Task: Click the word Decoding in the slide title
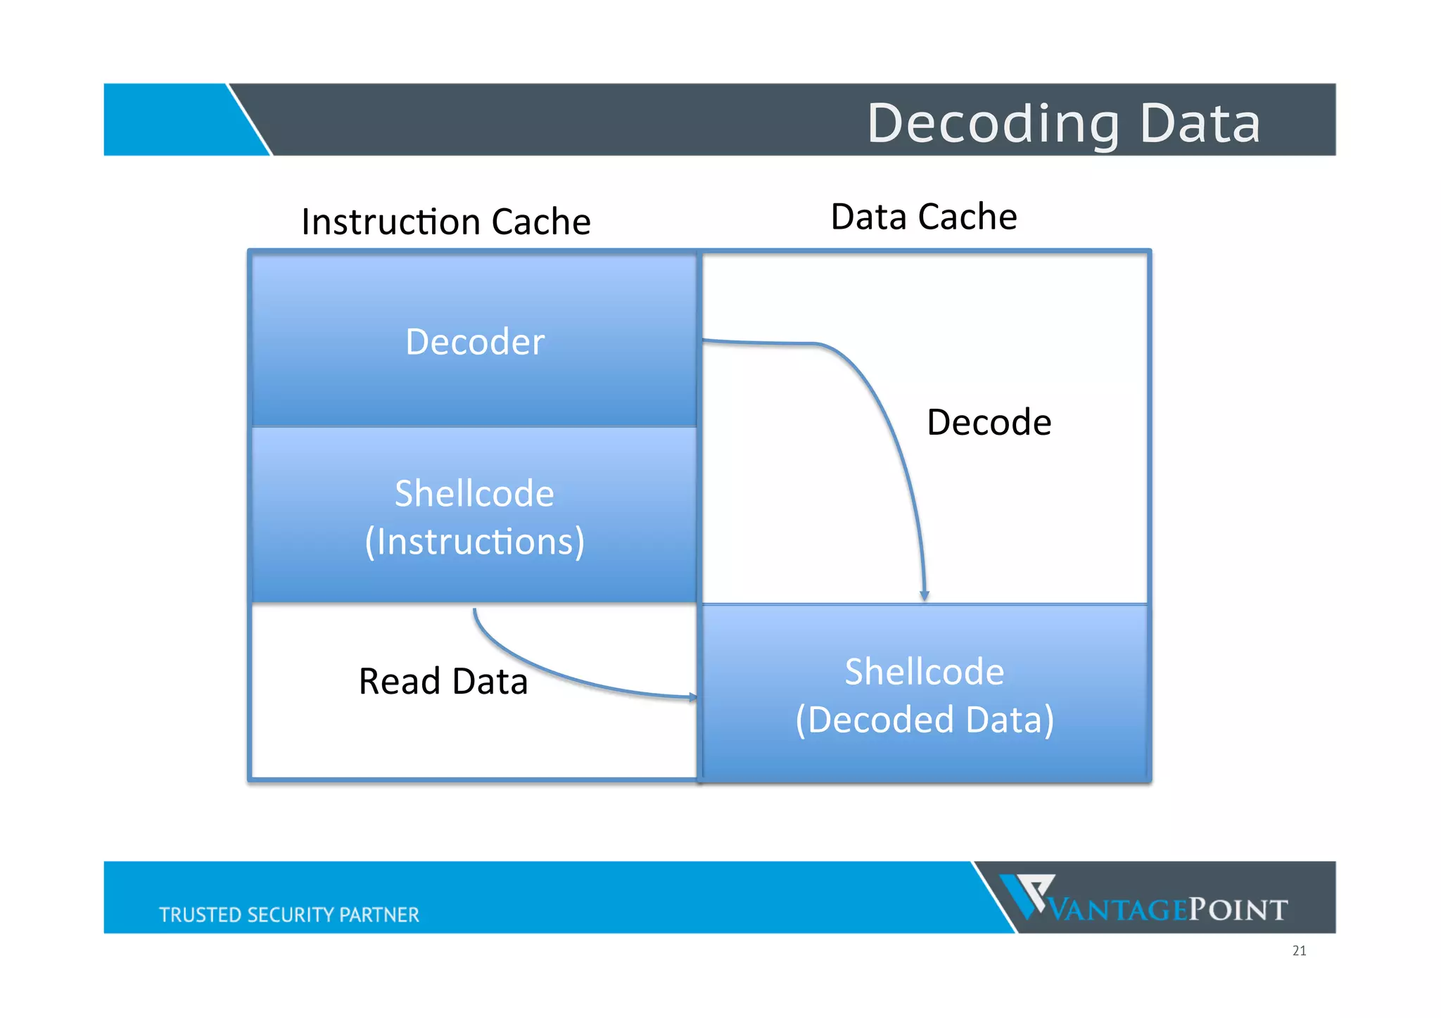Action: pyautogui.click(x=992, y=124)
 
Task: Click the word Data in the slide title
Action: pyautogui.click(x=1200, y=124)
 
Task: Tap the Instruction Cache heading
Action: pyautogui.click(x=445, y=222)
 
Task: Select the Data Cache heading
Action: pyautogui.click(x=923, y=217)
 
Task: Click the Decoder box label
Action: pyautogui.click(x=475, y=342)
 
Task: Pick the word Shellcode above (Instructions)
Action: pyautogui.click(x=474, y=493)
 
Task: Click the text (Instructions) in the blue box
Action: pyautogui.click(x=474, y=542)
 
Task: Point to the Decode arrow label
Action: pyautogui.click(x=989, y=422)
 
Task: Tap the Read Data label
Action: pyautogui.click(x=443, y=681)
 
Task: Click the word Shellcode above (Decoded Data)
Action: pyautogui.click(x=924, y=671)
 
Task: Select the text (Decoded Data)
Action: pyautogui.click(x=924, y=720)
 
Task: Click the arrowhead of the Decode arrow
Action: pyautogui.click(x=925, y=596)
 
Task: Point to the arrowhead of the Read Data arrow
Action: pyautogui.click(x=693, y=697)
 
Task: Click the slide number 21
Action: pyautogui.click(x=1299, y=950)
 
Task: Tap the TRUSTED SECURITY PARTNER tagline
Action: pyautogui.click(x=288, y=915)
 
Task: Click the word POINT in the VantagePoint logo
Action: pyautogui.click(x=1238, y=910)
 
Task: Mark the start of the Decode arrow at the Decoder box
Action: pyautogui.click(x=706, y=341)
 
